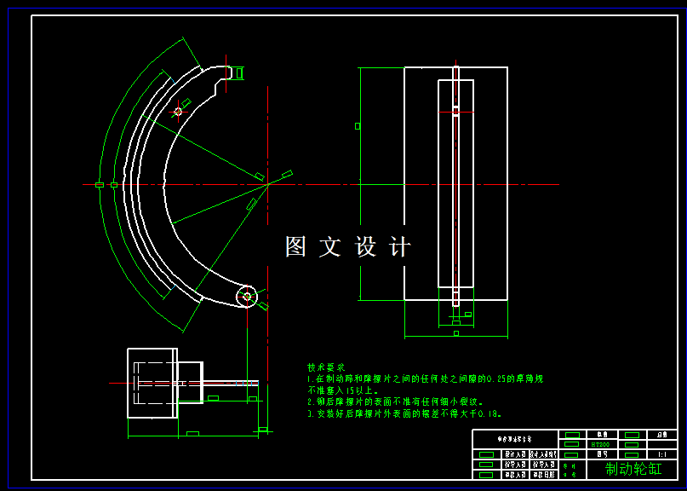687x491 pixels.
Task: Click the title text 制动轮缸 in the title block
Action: click(633, 468)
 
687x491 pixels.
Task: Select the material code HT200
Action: click(599, 444)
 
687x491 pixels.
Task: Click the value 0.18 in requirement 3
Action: click(487, 413)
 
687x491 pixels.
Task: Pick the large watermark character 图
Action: click(295, 247)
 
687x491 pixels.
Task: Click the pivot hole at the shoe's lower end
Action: click(247, 296)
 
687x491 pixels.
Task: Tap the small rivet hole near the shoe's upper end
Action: click(179, 111)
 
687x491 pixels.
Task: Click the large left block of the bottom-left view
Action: click(152, 383)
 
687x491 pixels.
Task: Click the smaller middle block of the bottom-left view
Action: click(190, 382)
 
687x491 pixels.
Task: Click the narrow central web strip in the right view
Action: click(455, 183)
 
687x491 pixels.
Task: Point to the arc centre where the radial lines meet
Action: click(267, 184)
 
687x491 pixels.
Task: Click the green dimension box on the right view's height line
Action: click(358, 126)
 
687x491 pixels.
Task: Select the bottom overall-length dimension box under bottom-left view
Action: click(192, 434)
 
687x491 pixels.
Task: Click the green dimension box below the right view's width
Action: click(455, 333)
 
